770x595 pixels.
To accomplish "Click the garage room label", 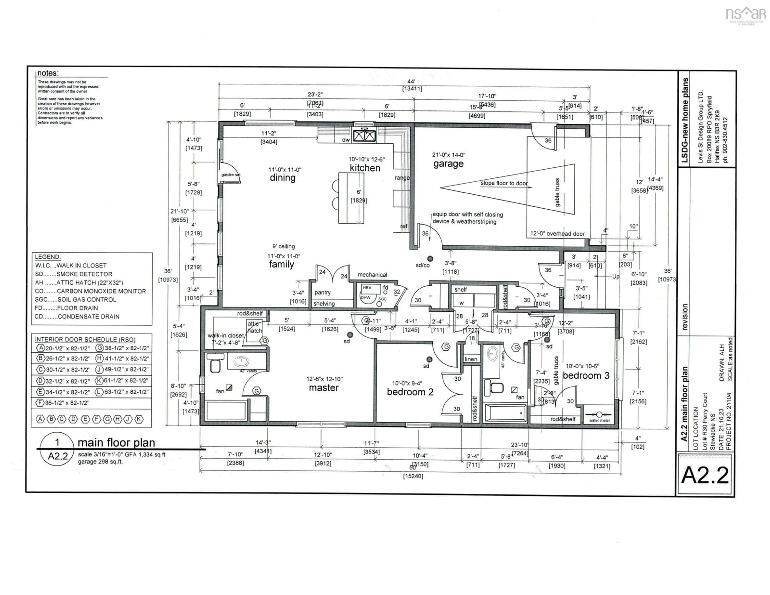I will point(448,164).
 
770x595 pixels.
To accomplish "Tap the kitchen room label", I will point(365,168).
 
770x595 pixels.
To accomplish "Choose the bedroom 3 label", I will point(586,376).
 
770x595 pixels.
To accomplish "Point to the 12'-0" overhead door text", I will point(557,234).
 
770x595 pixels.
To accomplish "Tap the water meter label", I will point(599,420).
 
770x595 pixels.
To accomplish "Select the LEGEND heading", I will point(48,257).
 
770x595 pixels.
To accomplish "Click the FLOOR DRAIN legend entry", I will point(67,308).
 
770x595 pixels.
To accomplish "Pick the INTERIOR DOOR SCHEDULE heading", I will point(85,339).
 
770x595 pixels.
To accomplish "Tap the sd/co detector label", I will point(422,265).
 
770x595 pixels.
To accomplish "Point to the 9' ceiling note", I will point(284,246).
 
